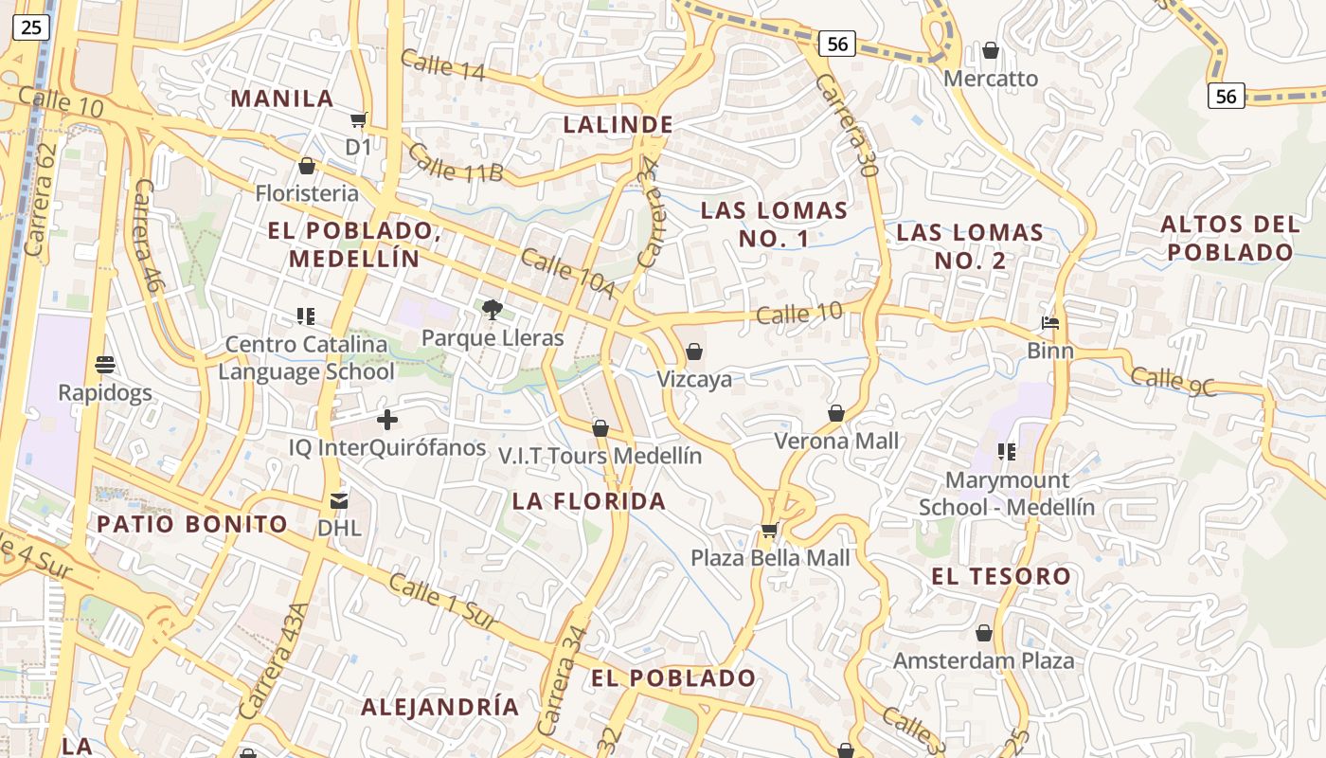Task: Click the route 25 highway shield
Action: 30,27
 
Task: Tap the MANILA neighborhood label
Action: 282,99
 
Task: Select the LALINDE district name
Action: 618,124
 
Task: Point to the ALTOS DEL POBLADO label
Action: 1229,238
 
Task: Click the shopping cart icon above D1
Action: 358,119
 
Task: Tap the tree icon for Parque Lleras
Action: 492,308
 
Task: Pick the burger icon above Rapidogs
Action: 105,364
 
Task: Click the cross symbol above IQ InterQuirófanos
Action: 387,419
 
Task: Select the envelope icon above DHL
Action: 339,500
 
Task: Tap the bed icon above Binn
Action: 1050,323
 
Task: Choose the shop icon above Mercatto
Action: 991,50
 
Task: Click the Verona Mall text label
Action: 836,441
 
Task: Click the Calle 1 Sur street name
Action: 443,600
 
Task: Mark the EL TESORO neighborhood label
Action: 1001,576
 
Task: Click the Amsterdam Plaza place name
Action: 983,660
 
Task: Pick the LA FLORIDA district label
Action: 589,501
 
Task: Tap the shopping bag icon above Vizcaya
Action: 694,352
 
